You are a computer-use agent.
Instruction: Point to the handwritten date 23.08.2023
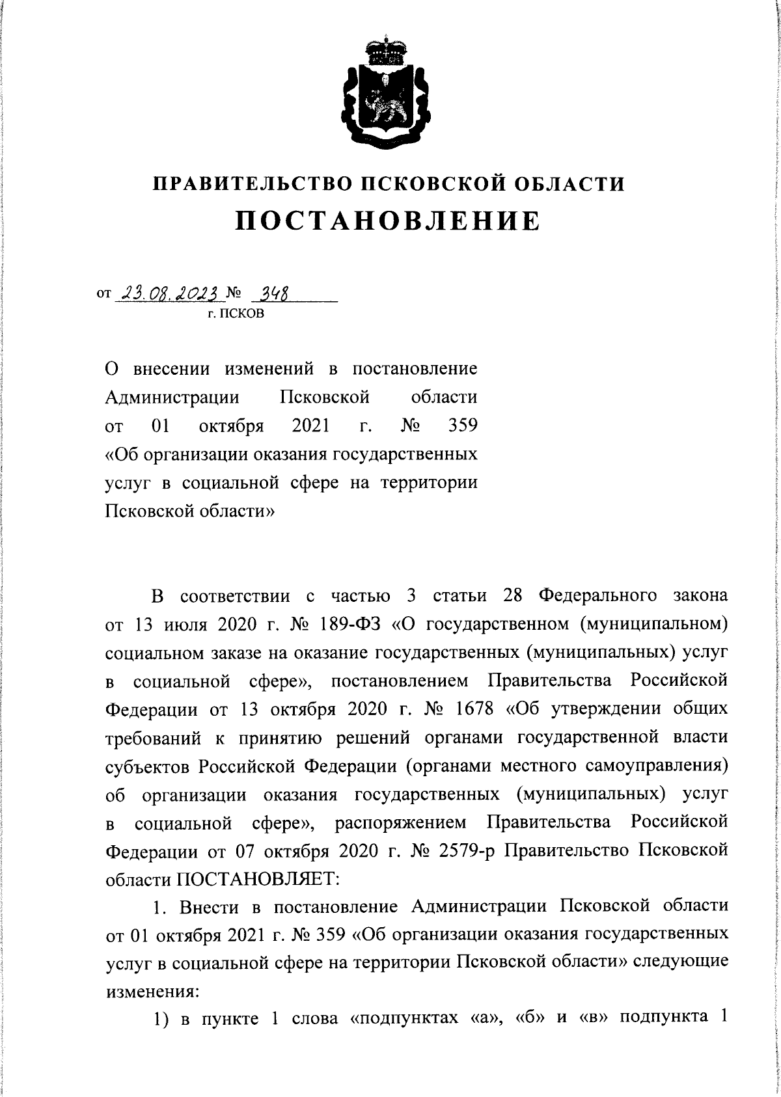[169, 295]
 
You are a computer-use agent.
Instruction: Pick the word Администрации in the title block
[172, 397]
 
